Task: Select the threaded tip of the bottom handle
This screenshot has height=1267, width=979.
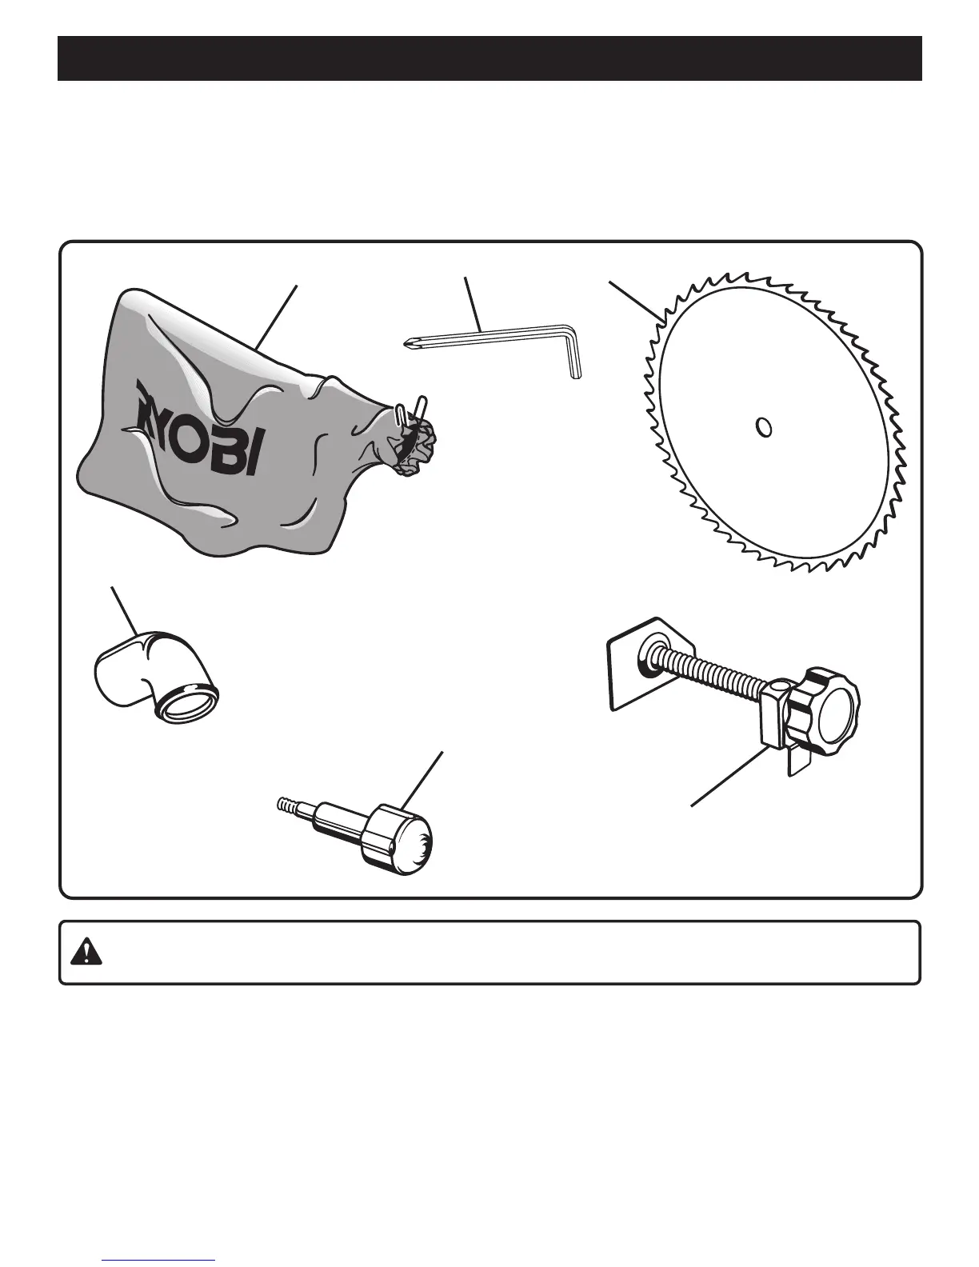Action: click(287, 803)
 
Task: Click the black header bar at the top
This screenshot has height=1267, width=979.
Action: click(489, 58)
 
